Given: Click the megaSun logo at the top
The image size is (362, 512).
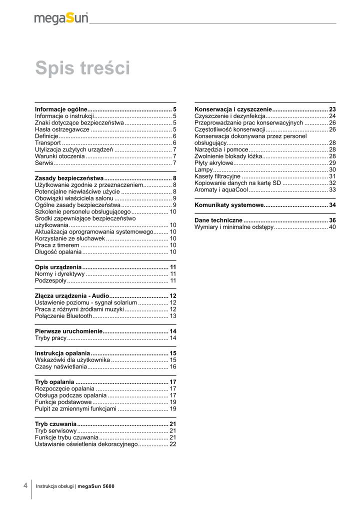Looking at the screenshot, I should tap(61, 18).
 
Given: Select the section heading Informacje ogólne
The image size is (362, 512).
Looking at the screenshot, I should tap(61, 109).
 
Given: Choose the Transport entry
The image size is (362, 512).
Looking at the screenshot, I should tap(48, 143).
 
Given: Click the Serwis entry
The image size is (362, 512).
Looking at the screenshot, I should tap(44, 163).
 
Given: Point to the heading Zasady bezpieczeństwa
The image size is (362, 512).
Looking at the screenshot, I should tap(69, 178).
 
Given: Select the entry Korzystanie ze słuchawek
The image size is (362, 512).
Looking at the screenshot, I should tap(70, 238).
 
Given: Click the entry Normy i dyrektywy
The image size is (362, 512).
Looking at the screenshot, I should tap(59, 274).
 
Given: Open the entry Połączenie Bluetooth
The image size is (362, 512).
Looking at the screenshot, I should tap(63, 316).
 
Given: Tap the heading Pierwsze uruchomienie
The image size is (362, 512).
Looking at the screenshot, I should tap(68, 331).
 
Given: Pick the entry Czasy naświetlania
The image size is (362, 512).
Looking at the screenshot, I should tap(61, 366).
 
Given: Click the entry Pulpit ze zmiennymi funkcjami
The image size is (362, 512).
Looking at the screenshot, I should tap(75, 408).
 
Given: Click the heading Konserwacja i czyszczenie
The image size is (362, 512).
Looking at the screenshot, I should tap(233, 109).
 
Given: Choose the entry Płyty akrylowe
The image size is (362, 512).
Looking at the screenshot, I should tap(214, 163).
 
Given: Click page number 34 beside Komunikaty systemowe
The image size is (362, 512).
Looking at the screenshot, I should tap(332, 205).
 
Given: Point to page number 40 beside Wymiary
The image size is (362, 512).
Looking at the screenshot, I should tap(332, 227).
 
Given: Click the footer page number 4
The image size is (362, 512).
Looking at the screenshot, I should tap(25, 485).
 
